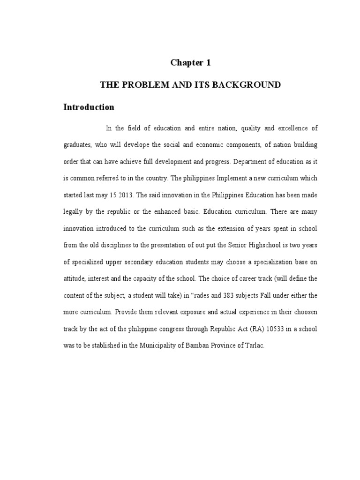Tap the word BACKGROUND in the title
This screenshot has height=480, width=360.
click(x=251, y=85)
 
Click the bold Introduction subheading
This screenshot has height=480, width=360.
click(x=89, y=107)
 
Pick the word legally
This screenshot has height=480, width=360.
click(x=74, y=212)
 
